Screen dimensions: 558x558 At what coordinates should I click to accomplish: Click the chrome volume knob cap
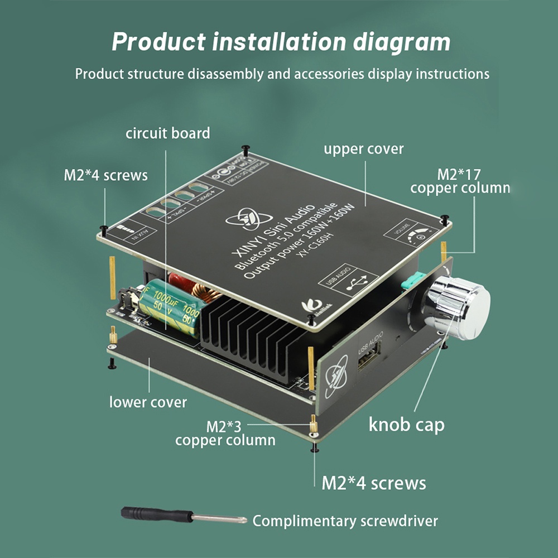459,307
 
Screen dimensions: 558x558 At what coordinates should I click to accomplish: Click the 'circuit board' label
167,133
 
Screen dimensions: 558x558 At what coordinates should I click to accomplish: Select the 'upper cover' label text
363,149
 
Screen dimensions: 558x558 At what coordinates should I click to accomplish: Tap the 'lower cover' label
148,402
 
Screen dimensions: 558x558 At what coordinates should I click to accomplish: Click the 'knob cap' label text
406,425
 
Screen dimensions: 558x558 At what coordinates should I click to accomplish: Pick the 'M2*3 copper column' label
225,433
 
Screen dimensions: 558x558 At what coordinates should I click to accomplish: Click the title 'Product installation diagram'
281,42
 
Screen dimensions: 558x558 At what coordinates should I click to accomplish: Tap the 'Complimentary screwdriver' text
345,521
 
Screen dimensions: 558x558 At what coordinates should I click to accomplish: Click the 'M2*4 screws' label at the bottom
373,483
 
